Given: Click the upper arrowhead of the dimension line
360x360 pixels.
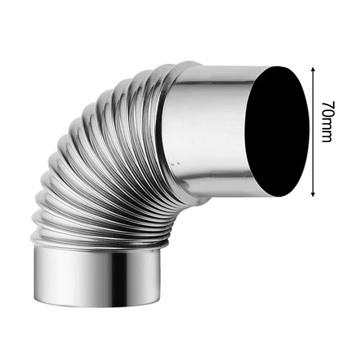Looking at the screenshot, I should click(313, 69).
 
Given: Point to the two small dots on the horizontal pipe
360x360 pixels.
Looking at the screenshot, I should click(175, 164).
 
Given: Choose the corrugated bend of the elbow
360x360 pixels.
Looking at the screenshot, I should click(108, 162).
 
